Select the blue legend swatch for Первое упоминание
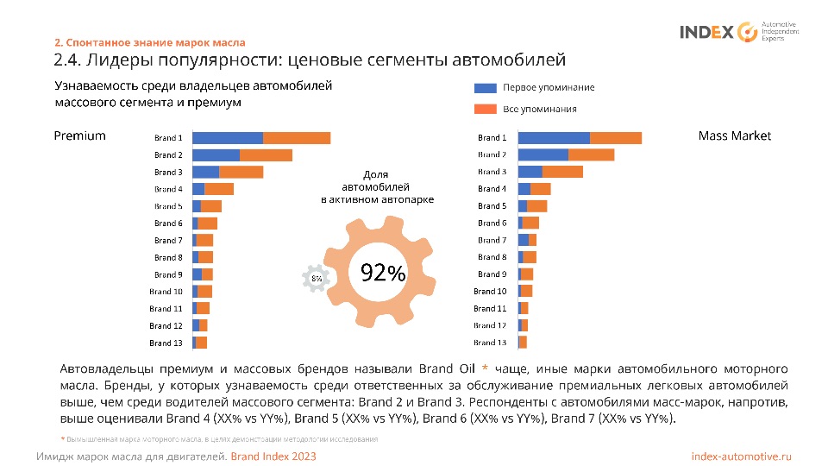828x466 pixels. [486, 88]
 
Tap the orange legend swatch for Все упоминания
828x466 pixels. [486, 109]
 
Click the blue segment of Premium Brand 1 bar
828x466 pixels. [227, 138]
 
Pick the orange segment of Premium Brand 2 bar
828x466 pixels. [266, 155]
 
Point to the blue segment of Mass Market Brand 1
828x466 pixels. [554, 138]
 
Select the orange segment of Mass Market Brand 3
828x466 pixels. [562, 172]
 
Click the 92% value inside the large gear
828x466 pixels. [383, 273]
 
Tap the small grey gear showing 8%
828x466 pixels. [317, 278]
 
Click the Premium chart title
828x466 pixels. [79, 135]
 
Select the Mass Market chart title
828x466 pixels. [734, 135]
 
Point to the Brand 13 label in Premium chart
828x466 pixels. [166, 343]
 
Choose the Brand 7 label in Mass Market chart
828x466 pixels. [492, 240]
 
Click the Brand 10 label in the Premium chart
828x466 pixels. [166, 292]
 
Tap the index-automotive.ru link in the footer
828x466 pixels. [741, 456]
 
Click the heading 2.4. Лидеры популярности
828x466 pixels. [309, 60]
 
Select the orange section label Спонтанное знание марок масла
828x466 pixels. [149, 42]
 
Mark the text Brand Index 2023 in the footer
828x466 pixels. [273, 456]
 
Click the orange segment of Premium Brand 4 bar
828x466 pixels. [219, 189]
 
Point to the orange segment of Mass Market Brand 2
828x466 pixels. [591, 155]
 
